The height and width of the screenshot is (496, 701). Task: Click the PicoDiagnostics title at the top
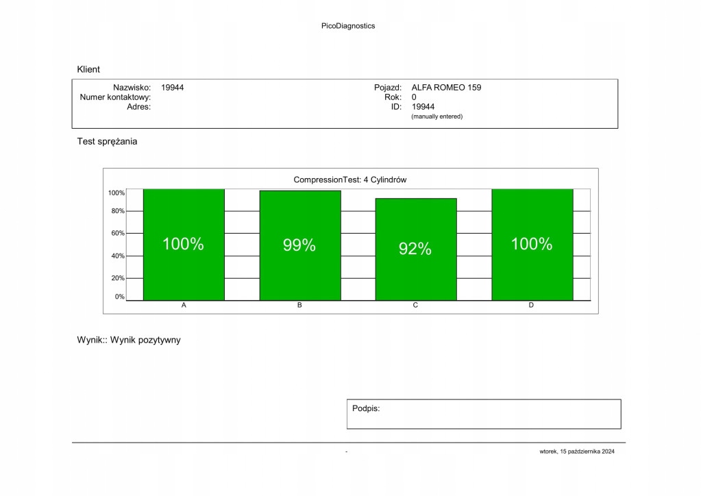[x=348, y=26]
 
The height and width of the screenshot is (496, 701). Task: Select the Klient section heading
[x=88, y=69]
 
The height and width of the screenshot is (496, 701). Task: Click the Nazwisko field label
[x=132, y=88]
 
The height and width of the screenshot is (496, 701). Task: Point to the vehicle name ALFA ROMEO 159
[x=446, y=88]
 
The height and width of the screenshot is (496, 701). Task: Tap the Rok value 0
[x=414, y=97]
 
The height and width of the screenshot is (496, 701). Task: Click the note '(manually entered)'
[x=436, y=116]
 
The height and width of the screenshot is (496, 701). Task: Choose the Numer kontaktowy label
[x=115, y=97]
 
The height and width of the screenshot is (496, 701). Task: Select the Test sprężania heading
[x=107, y=142]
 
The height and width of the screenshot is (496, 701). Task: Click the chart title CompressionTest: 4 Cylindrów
[x=350, y=179]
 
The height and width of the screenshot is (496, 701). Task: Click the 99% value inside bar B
[x=299, y=245]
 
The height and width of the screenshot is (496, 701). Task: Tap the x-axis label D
[x=531, y=305]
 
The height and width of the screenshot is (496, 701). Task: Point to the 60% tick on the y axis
[x=117, y=234]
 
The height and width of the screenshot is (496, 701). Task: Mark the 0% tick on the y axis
[x=119, y=297]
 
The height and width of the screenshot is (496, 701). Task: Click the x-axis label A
[x=184, y=305]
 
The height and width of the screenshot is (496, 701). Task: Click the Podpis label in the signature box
[x=366, y=408]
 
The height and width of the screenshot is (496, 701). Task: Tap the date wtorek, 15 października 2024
[x=577, y=451]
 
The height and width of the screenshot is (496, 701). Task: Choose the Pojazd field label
[x=387, y=88]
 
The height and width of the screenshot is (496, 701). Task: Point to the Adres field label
[x=139, y=107]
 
